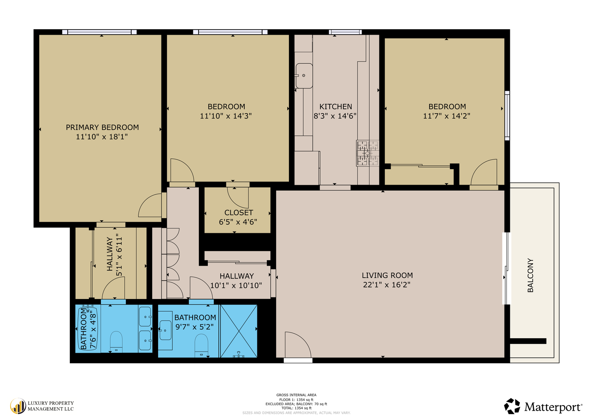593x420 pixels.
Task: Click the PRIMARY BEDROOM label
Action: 102,128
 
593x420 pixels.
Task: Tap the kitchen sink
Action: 304,75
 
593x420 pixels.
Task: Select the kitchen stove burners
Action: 367,153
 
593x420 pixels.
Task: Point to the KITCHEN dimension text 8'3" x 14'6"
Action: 335,116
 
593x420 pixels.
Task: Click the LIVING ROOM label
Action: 387,275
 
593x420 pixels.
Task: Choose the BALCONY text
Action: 530,275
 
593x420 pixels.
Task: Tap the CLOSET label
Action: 238,213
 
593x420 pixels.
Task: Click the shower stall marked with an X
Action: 238,331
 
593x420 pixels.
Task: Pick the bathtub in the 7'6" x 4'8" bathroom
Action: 88,329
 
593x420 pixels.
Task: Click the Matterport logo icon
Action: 512,406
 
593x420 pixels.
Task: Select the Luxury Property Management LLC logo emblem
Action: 18,406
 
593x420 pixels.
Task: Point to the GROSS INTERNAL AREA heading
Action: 296,395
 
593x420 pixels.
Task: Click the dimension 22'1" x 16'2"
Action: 386,285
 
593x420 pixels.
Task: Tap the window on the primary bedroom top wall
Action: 99,32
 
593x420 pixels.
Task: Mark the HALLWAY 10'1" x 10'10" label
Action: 236,281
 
